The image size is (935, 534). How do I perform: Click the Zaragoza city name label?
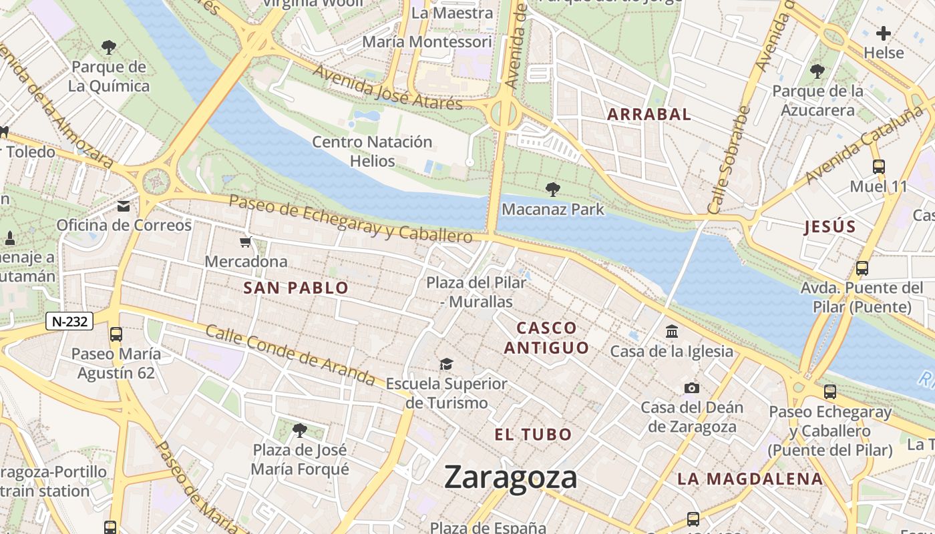(510, 478)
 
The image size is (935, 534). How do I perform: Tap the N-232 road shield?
(69, 321)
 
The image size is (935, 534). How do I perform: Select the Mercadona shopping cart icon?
(246, 242)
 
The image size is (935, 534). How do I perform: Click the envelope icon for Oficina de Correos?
(124, 206)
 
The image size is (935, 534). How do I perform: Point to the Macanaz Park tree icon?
(552, 190)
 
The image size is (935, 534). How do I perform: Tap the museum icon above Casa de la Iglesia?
(671, 332)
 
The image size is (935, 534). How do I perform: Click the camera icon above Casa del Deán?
(692, 388)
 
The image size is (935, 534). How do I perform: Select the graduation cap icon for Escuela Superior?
(446, 364)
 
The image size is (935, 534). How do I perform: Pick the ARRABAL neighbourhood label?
(648, 114)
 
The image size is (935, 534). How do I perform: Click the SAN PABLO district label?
(296, 288)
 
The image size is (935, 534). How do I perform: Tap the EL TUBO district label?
(533, 435)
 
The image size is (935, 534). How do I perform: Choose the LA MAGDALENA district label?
(750, 479)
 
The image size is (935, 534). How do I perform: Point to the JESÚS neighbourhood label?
(830, 227)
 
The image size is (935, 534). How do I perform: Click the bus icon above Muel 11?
(878, 168)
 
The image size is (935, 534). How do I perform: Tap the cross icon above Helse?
(884, 33)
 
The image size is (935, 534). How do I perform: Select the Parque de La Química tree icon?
(109, 47)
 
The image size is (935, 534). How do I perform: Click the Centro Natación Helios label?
(373, 152)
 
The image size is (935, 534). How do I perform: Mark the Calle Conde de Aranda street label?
(290, 354)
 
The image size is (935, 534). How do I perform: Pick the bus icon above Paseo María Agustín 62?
(116, 334)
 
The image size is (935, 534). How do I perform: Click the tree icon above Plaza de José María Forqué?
(300, 430)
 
